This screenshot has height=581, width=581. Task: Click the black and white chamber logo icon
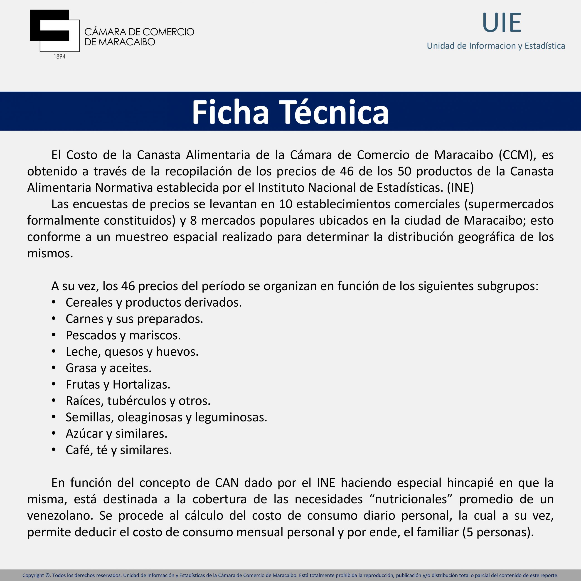pos(54,31)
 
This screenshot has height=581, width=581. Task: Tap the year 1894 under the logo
pos(59,57)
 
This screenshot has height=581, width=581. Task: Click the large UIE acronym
pos(501,23)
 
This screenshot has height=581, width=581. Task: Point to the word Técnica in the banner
pos(334,112)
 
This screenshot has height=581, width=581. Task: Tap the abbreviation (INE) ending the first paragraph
pos(460,188)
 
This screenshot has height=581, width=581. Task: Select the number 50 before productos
pos(404,171)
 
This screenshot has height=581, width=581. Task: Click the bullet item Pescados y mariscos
pos(123,335)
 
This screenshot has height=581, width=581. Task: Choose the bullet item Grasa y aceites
pos(108,368)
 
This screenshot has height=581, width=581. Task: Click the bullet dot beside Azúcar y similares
pos(54,433)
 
